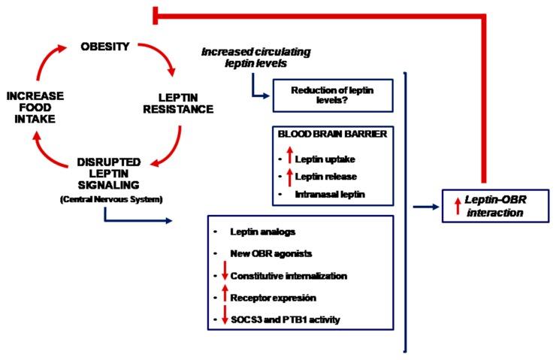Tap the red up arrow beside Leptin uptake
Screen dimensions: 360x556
coord(289,159)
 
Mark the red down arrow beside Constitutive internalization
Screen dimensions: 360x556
coord(223,275)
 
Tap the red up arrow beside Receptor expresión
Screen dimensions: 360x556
coord(223,298)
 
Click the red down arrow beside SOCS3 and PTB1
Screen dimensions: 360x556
coord(223,319)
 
